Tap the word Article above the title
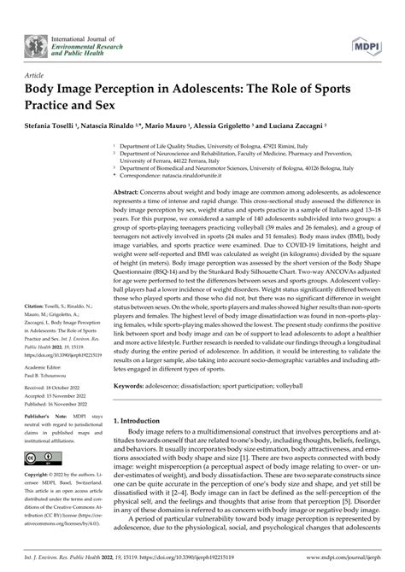36,74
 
